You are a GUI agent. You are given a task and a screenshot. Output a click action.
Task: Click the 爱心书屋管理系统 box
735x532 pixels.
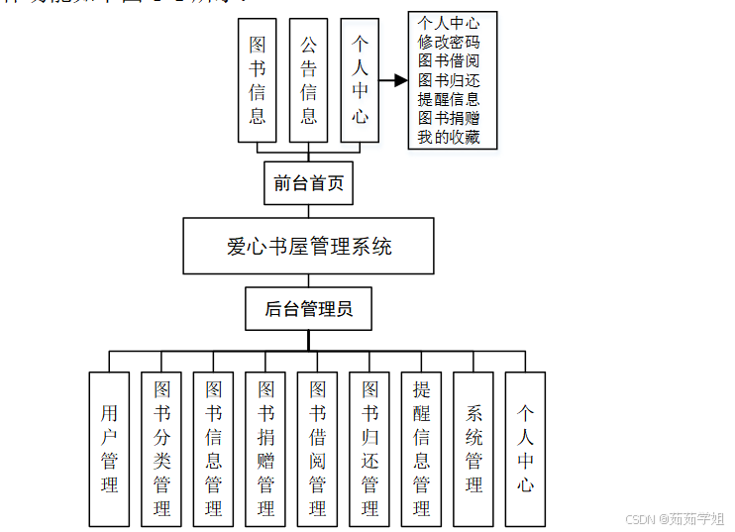[x=308, y=246]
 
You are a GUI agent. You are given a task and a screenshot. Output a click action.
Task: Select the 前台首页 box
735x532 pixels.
[x=308, y=182]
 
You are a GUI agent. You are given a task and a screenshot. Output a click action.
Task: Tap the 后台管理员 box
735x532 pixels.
[x=308, y=309]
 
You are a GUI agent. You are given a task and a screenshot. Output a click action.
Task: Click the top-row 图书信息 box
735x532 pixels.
[x=258, y=80]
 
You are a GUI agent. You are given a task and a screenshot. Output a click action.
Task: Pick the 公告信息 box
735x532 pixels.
[x=308, y=80]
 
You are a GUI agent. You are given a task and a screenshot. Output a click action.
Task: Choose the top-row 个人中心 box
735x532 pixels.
[x=360, y=80]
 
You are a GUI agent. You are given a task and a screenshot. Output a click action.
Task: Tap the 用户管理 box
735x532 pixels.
[x=109, y=448]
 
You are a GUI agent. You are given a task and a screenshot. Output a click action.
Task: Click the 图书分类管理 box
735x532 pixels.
[x=161, y=448]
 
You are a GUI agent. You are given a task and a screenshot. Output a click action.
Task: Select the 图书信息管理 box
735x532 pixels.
[x=213, y=448]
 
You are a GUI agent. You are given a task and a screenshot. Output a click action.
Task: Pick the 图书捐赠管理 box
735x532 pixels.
[x=265, y=448]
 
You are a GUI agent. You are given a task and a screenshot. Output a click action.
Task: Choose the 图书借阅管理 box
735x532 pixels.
[x=317, y=448]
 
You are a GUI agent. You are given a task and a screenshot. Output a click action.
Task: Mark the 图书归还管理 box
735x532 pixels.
[x=369, y=448]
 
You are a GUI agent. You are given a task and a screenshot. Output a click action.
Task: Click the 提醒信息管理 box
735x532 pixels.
[x=421, y=448]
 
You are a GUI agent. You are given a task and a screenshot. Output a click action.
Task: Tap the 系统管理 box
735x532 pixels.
[x=473, y=448]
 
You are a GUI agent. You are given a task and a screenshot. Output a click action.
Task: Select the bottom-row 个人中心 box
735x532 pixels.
[x=525, y=448]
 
